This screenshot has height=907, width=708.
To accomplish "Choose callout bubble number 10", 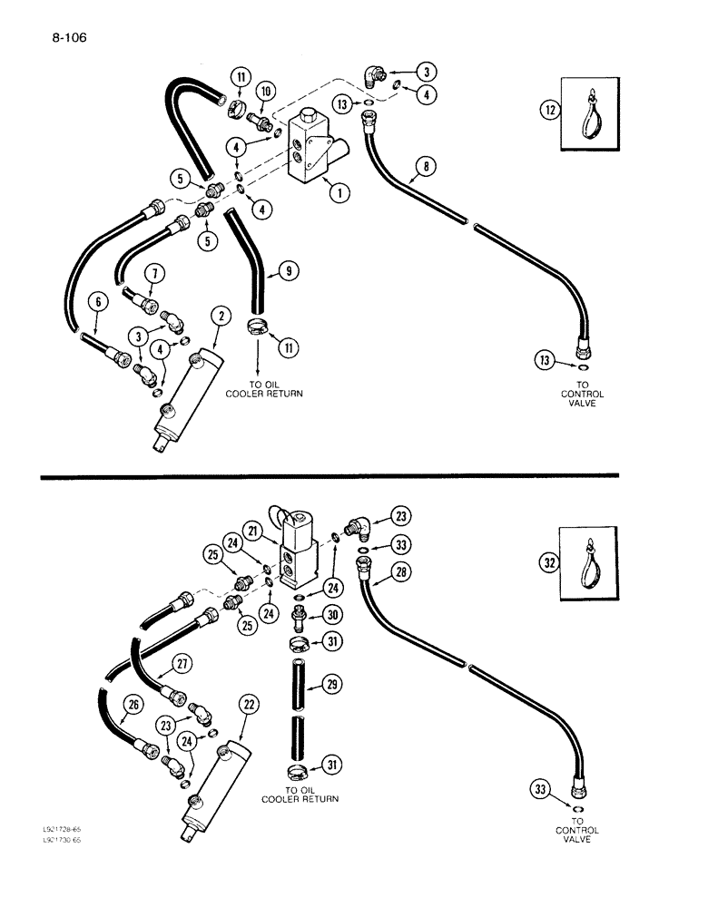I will click(x=265, y=92).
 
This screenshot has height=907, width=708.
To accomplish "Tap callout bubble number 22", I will click(x=247, y=704).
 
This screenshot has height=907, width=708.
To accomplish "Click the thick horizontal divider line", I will click(x=327, y=474).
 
